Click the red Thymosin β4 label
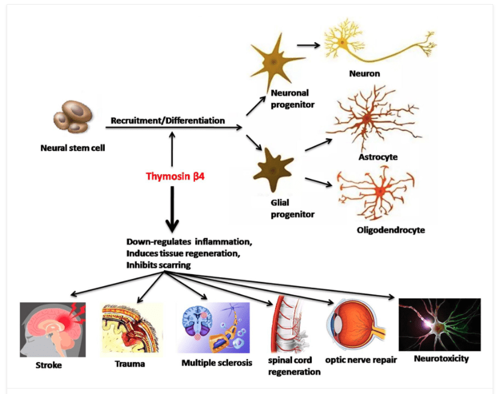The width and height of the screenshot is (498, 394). click(x=172, y=177)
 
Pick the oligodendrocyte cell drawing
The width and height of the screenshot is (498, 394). click(x=367, y=193)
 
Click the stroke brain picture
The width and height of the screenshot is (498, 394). click(x=52, y=329)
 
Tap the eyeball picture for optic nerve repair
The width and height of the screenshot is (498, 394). click(x=355, y=329)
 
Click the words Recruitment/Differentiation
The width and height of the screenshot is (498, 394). click(x=167, y=120)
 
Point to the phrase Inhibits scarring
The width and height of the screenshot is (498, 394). click(x=160, y=264)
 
